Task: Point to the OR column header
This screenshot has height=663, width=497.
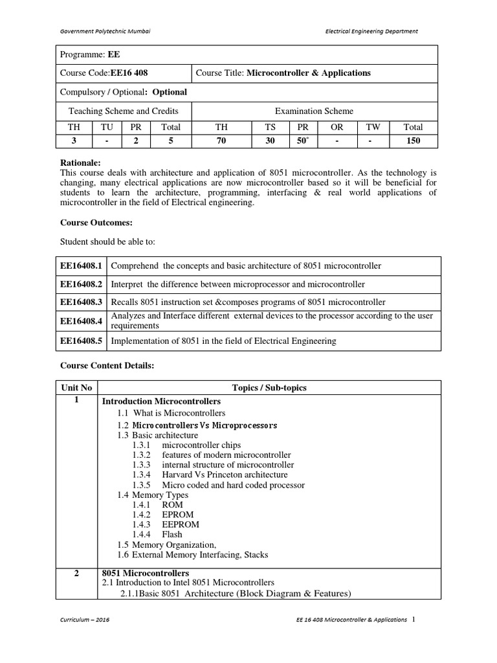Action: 337,128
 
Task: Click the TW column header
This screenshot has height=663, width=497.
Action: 373,128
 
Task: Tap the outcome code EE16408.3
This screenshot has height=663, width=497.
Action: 82,302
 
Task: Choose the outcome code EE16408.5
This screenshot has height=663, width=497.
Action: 82,341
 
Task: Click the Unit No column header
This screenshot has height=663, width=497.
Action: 76,388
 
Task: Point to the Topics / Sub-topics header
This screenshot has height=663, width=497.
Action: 269,388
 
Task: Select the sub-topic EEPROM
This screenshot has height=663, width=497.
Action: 181,524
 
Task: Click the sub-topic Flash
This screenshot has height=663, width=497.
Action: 172,535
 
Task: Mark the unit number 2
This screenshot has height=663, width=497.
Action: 76,574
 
